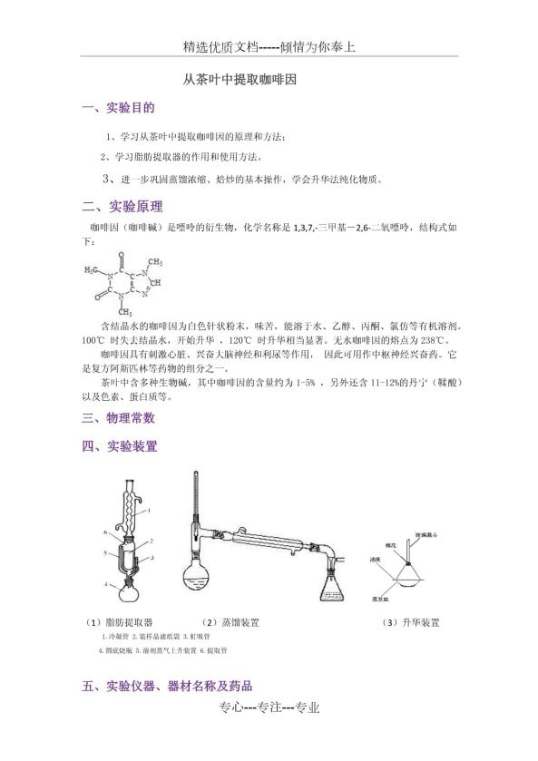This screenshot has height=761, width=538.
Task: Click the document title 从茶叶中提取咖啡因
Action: pyautogui.click(x=235, y=80)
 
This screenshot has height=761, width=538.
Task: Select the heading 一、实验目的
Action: pyautogui.click(x=118, y=109)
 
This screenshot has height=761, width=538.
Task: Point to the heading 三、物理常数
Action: pyautogui.click(x=119, y=418)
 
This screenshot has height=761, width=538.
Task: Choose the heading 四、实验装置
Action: pyautogui.click(x=119, y=446)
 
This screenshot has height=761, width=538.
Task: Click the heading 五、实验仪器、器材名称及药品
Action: pyautogui.click(x=167, y=687)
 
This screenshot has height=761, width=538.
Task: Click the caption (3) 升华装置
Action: pyautogui.click(x=410, y=623)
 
